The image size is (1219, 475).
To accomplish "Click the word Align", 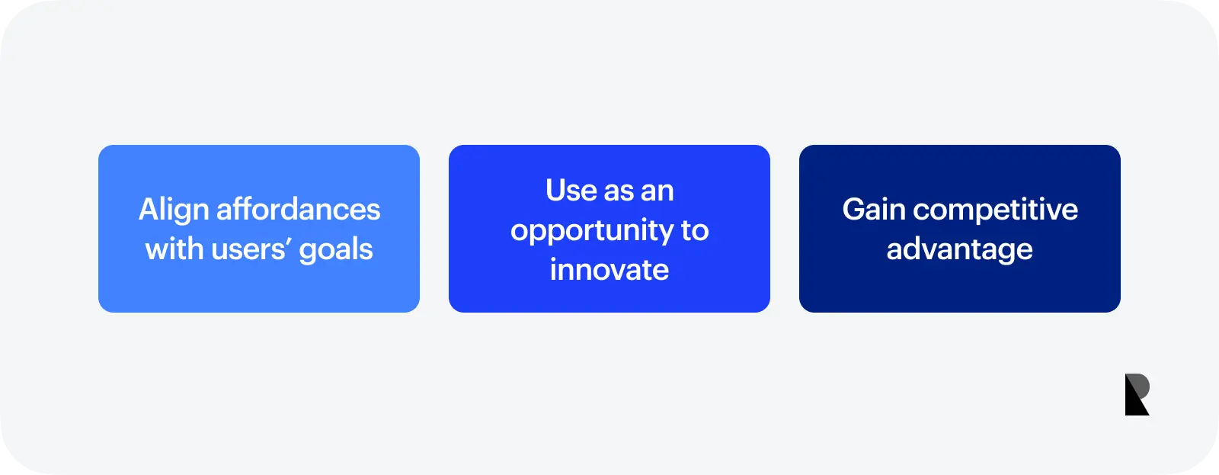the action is click(x=173, y=211).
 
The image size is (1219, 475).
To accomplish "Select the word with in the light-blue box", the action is click(x=174, y=249).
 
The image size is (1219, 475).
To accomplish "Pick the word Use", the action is click(x=571, y=190).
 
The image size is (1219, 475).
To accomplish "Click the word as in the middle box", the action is click(x=619, y=191).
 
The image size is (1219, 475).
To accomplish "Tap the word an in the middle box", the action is click(x=657, y=191).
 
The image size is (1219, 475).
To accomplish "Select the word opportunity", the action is click(x=591, y=231).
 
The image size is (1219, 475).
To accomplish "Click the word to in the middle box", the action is click(x=695, y=230).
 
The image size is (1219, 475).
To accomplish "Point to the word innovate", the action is click(x=609, y=270).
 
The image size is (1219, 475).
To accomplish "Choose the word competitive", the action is click(x=995, y=210).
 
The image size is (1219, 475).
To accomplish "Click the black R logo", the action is click(x=1137, y=394).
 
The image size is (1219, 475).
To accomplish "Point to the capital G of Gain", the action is click(x=854, y=209).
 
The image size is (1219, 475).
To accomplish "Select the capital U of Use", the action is click(x=556, y=190).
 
